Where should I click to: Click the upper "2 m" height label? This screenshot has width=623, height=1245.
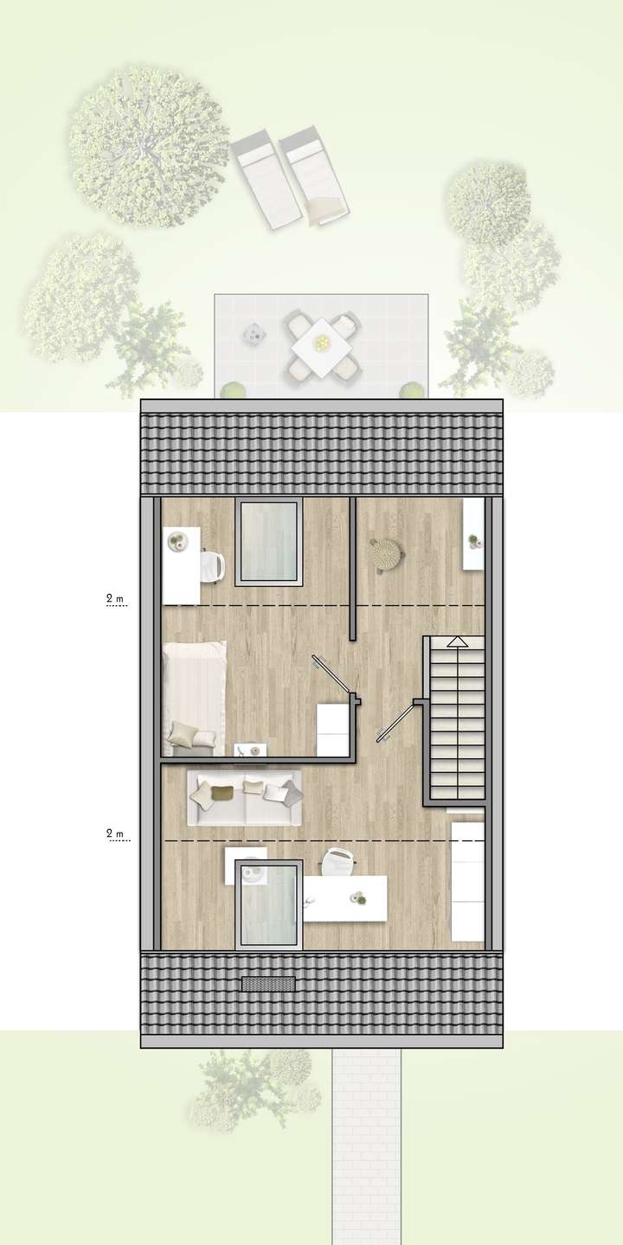coord(114,597)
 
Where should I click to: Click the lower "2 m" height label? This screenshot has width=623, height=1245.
coord(114,833)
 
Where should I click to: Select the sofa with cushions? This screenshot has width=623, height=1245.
coord(245,797)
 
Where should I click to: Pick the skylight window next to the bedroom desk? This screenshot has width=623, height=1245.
coord(269,543)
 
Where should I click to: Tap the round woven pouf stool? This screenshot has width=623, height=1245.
coord(387,554)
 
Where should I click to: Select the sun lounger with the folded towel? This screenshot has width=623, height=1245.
coord(315,178)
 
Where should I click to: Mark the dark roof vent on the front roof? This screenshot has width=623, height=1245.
coord(268,983)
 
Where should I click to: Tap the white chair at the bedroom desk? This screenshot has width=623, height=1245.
coord(214,566)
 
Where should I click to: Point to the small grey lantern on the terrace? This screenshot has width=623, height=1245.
coord(254,332)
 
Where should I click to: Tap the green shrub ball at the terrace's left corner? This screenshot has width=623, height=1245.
coord(230,390)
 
